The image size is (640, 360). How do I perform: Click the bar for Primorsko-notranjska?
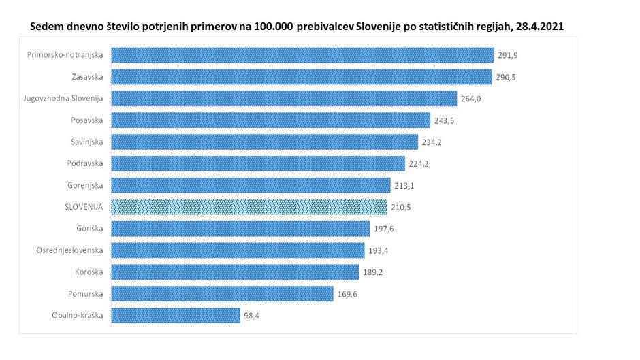pyautogui.click(x=302, y=55)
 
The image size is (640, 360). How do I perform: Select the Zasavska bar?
pyautogui.click(x=301, y=76)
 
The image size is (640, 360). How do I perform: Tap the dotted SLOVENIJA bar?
pyautogui.click(x=249, y=207)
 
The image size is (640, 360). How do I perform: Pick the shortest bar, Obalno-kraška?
pyautogui.click(x=175, y=315)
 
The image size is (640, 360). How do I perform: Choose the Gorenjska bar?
pyautogui.click(x=251, y=185)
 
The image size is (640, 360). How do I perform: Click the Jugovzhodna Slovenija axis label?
pyautogui.click(x=63, y=98)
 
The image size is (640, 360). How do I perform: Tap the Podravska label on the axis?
pyautogui.click(x=85, y=163)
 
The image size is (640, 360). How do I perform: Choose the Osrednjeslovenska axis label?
pyautogui.click(x=69, y=250)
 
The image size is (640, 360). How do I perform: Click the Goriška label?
pyautogui.click(x=89, y=228)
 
